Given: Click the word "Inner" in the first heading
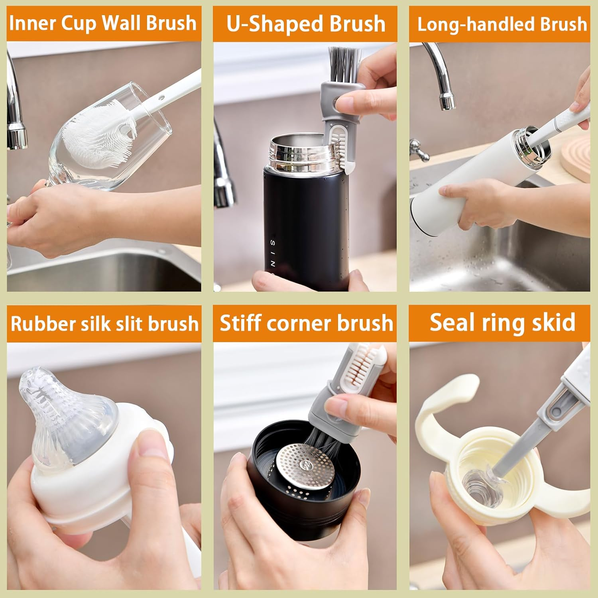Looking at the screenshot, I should (33, 23).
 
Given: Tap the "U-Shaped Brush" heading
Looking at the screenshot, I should (305, 24).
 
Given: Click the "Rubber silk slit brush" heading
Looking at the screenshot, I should (104, 323).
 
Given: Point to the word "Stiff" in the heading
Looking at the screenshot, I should (240, 323).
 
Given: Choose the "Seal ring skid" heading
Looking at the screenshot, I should (502, 323).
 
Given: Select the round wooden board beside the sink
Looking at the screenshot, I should (576, 157).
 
